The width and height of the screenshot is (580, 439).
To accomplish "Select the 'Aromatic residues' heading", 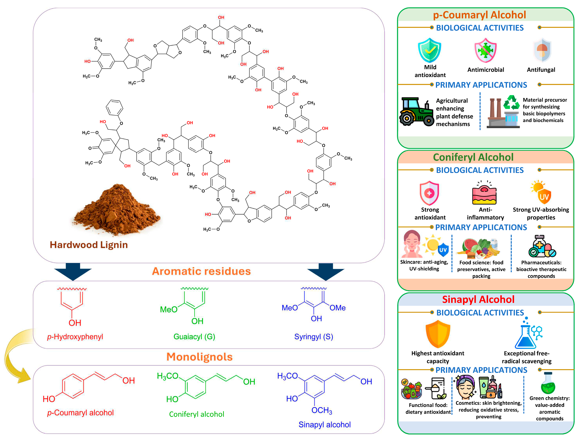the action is click(x=201, y=271).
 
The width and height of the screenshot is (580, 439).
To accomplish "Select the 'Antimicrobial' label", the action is click(x=486, y=70).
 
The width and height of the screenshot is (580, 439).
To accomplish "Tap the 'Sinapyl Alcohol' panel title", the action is click(x=478, y=299).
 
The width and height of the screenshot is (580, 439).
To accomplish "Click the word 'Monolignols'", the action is click(x=200, y=357).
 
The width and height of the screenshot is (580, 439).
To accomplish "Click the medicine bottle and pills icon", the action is click(x=542, y=246).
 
